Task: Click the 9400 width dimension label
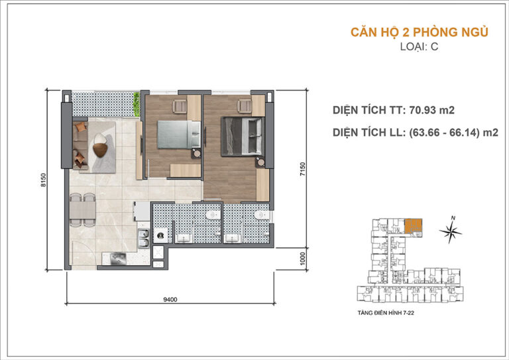click(x=170, y=299)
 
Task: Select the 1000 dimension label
click(x=302, y=258)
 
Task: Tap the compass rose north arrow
click(x=452, y=230)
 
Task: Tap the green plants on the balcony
click(x=137, y=101)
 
